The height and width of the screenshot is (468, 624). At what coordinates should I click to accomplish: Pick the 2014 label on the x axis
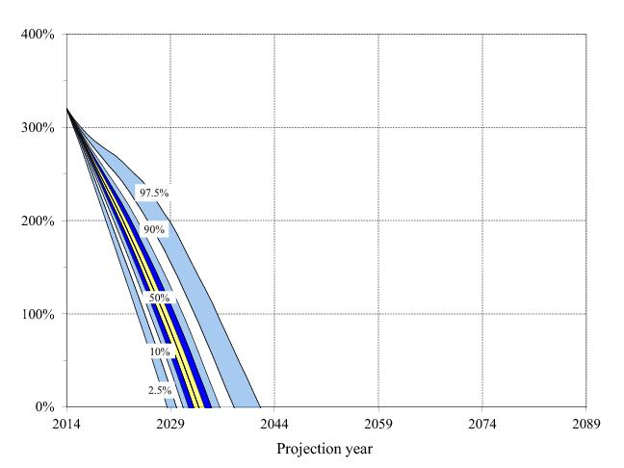[x=66, y=424]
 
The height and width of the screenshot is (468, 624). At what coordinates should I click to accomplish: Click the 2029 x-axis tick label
[x=170, y=424]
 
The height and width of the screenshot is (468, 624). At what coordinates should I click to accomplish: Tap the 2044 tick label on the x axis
[x=274, y=424]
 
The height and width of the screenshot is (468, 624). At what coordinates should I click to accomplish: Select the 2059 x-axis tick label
[x=378, y=424]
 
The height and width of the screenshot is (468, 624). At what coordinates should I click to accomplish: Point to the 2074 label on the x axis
[x=481, y=424]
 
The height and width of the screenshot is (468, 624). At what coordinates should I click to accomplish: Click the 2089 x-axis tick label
[x=585, y=424]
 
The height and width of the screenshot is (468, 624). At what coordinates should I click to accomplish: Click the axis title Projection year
[x=325, y=449]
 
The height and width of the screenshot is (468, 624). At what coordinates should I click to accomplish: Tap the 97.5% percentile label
[x=154, y=194]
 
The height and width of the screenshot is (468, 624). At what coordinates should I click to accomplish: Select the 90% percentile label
[x=154, y=229]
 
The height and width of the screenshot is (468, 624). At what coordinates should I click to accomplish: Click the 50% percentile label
[x=158, y=299]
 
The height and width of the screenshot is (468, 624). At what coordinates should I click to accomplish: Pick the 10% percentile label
[x=159, y=352]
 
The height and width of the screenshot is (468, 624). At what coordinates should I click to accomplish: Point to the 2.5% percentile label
[x=159, y=390]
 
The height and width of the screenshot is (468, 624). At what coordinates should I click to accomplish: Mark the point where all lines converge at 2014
[x=67, y=109]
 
